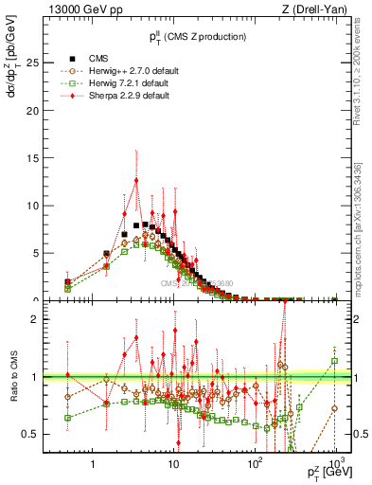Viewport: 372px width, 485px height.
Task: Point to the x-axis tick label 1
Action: [x=93, y=465]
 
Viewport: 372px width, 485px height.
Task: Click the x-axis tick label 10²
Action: [x=255, y=464]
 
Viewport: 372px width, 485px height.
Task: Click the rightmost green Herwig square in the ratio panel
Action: [x=334, y=361]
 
